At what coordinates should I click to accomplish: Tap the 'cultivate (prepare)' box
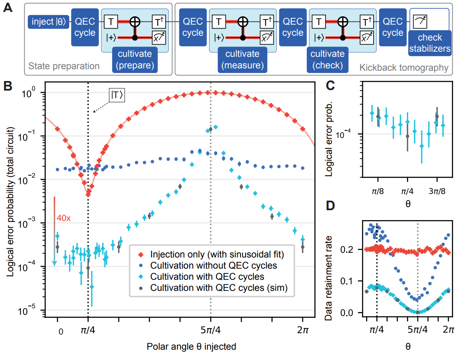pyautogui.click(x=135, y=59)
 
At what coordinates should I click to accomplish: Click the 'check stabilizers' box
pyautogui.click(x=431, y=43)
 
